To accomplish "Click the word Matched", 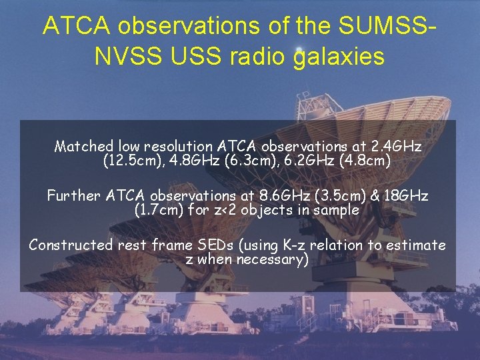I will pos(84,145).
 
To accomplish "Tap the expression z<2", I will pos(235,210).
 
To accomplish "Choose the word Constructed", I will pos(71,245).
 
